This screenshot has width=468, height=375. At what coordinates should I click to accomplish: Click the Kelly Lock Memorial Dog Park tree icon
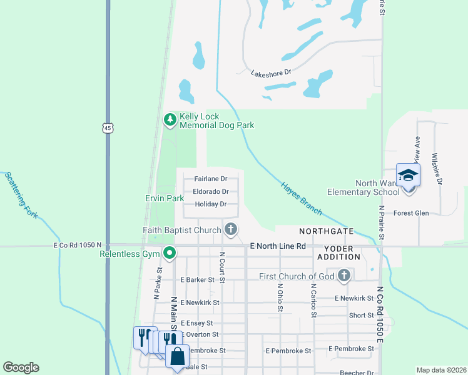click(170, 119)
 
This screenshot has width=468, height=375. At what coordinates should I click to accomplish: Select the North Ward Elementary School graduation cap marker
click(407, 175)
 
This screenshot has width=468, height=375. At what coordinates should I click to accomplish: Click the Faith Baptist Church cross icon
click(231, 229)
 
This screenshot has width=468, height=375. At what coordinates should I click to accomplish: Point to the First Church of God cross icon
click(343, 275)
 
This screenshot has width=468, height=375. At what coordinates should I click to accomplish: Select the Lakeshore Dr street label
click(271, 72)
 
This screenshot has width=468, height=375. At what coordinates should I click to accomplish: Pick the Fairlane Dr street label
click(210, 179)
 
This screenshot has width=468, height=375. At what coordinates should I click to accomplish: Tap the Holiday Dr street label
click(210, 204)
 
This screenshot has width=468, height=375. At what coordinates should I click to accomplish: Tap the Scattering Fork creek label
click(21, 195)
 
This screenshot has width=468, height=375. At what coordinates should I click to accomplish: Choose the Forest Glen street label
click(411, 213)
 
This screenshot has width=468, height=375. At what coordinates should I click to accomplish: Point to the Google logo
click(21, 367)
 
